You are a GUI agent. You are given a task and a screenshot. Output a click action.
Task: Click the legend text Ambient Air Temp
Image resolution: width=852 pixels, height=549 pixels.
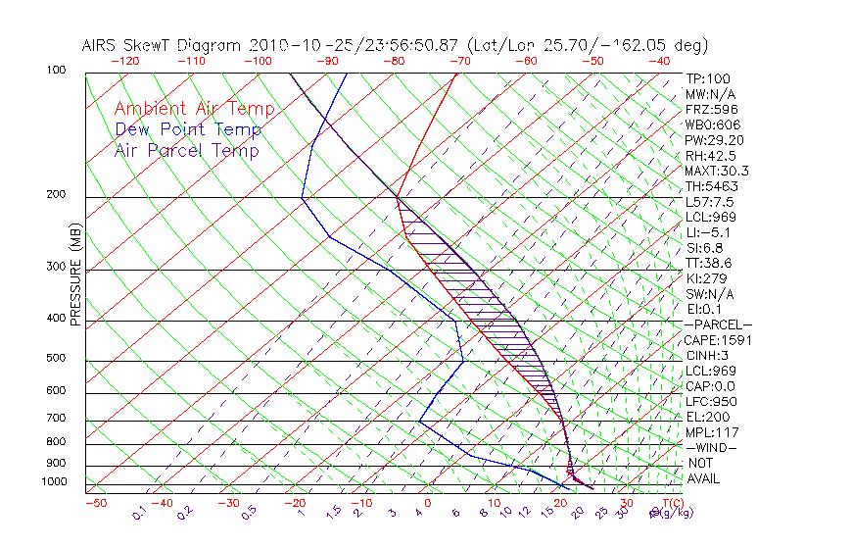[194, 109]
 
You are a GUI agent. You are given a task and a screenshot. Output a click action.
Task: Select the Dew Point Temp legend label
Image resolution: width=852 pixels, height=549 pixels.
[188, 129]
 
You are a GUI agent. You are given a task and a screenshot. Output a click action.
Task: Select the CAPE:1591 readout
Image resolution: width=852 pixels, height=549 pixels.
[716, 340]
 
